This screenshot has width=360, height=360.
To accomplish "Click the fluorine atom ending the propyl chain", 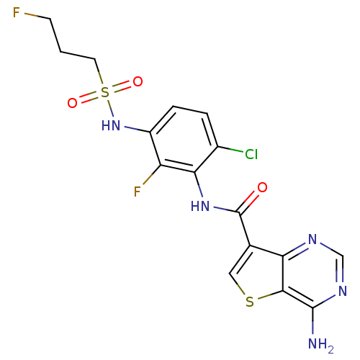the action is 17,12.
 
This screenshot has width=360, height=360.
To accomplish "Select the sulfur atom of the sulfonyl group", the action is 105,92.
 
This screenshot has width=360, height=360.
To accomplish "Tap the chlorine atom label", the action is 251,154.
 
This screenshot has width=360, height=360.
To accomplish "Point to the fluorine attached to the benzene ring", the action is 138,192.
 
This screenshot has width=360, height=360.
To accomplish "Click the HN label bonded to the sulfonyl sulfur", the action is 111,125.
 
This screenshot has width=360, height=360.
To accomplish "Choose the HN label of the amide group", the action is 200,206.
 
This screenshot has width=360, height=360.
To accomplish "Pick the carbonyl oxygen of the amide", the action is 262,187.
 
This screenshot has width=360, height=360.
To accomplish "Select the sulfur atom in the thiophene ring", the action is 250,302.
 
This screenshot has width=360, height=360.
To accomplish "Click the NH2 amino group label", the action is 320,345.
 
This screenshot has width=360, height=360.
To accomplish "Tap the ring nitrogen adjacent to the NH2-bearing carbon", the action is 343,291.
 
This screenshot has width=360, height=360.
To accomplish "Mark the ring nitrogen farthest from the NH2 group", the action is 312,239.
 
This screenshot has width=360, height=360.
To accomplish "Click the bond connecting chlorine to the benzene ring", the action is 230,149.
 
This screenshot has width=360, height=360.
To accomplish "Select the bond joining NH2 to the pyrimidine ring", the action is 312,320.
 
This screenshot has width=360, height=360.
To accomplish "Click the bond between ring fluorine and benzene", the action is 151,175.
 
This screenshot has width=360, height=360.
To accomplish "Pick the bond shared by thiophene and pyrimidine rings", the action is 283,274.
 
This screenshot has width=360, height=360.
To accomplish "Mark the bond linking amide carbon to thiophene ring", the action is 244,229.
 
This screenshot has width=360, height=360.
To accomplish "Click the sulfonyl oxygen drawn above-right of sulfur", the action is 138,82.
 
